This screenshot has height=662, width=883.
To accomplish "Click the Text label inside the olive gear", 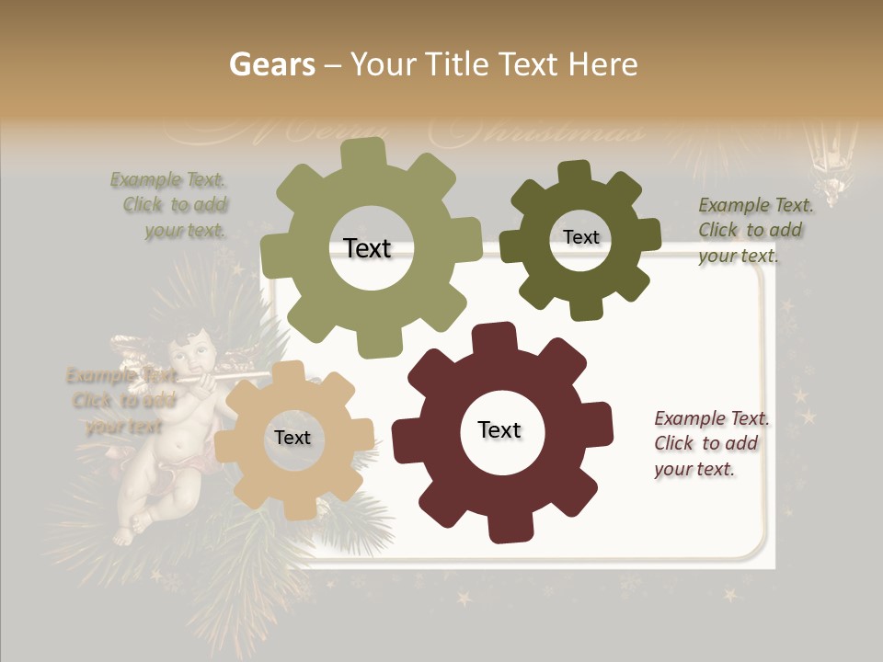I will click(368, 248).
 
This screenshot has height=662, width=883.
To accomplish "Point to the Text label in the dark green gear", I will click(581, 237).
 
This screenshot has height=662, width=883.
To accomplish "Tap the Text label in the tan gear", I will click(292, 438).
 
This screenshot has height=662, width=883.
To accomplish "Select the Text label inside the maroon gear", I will click(499, 429).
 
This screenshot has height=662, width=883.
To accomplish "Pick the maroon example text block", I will click(708, 443).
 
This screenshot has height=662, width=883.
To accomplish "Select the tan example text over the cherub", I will click(121, 401).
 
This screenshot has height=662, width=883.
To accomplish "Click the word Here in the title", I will click(602, 64).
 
